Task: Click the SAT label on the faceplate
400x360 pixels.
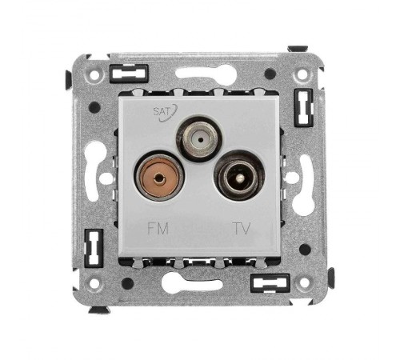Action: pyautogui.click(x=162, y=111)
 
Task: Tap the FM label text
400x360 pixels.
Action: pyautogui.click(x=158, y=229)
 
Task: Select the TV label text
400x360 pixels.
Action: pyautogui.click(x=242, y=229)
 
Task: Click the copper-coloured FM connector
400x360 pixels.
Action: pyautogui.click(x=159, y=177)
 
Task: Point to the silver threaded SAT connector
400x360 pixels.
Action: pyautogui.click(x=200, y=139)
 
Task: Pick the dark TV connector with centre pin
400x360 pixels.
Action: pyautogui.click(x=239, y=176)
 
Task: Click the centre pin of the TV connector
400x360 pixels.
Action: pyautogui.click(x=240, y=177)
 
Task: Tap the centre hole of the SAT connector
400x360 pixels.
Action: pyautogui.click(x=200, y=139)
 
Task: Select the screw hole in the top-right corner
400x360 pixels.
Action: pyautogui.click(x=302, y=75)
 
